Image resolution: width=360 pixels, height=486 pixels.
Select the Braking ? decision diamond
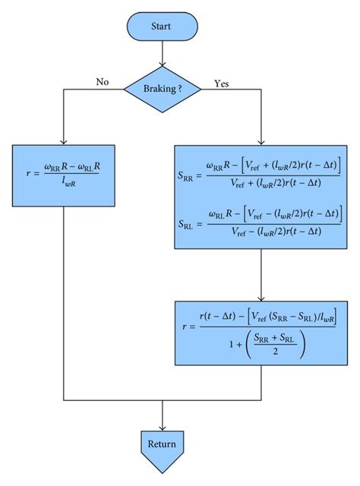pyautogui.click(x=162, y=89)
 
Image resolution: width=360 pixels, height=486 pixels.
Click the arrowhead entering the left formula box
pyautogui.click(x=64, y=141)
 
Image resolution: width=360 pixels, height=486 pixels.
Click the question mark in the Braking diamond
pyautogui.click(x=179, y=89)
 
